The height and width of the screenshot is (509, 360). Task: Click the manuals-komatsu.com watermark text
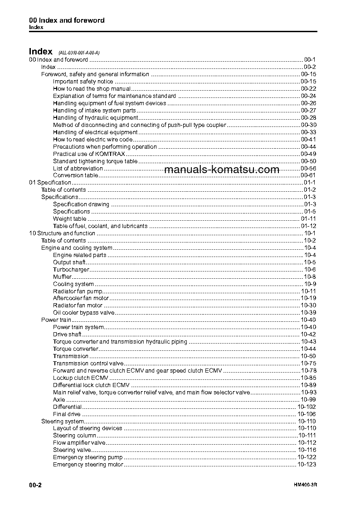click(x=222, y=170)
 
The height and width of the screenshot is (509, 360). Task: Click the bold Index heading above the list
click(x=40, y=51)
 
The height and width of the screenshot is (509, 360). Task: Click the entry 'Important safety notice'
click(x=83, y=82)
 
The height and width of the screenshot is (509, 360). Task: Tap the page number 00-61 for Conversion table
click(x=308, y=175)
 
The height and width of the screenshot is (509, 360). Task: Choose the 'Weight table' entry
click(x=69, y=219)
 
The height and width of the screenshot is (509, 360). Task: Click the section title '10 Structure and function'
click(x=62, y=233)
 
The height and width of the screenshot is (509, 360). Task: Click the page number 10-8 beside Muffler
click(x=310, y=277)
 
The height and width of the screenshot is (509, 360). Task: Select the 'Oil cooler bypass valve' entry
click(x=83, y=313)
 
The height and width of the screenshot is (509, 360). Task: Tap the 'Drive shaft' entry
click(x=67, y=334)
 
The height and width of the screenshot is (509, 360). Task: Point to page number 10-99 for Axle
click(x=308, y=400)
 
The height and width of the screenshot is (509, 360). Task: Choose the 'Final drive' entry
click(x=67, y=414)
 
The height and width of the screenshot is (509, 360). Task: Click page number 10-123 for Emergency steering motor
click(x=306, y=465)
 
